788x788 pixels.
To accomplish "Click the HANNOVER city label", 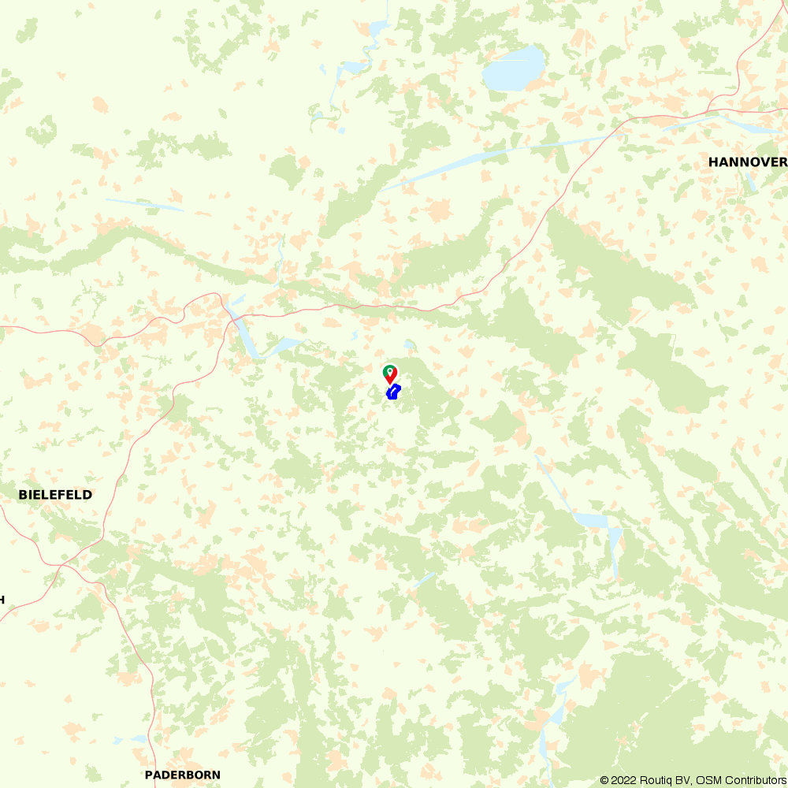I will pyautogui.click(x=747, y=162).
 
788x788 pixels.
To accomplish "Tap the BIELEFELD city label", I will pyautogui.click(x=55, y=495).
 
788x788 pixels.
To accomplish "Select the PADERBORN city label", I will pyautogui.click(x=183, y=775).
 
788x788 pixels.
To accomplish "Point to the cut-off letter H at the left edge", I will pyautogui.click(x=2, y=600).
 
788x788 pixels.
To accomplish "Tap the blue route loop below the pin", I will pyautogui.click(x=393, y=392).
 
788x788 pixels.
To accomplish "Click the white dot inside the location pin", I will pyautogui.click(x=388, y=370).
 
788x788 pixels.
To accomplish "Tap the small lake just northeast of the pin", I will pyautogui.click(x=407, y=345).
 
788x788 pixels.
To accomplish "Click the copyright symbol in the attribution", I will pyautogui.click(x=605, y=780).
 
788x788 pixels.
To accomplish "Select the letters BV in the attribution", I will pyautogui.click(x=683, y=780).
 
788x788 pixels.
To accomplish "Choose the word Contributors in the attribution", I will pyautogui.click(x=753, y=780).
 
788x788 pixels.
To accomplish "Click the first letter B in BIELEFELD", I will pyautogui.click(x=22, y=495).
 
